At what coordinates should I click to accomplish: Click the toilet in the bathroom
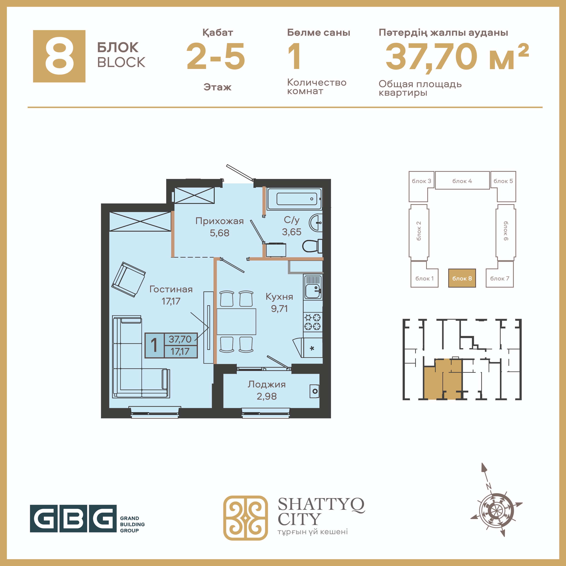[x=312, y=246]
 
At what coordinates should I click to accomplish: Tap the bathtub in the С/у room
[x=294, y=199]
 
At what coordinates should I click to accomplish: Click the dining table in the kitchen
[x=236, y=321]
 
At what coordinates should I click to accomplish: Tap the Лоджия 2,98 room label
[x=267, y=390]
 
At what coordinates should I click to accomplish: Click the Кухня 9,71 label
[x=279, y=302]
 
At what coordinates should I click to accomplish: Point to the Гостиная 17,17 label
[x=171, y=295]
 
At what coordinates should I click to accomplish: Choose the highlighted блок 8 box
[x=462, y=278]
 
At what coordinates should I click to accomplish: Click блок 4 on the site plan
[x=462, y=181]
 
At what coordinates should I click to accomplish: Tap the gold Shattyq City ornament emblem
[x=245, y=518]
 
